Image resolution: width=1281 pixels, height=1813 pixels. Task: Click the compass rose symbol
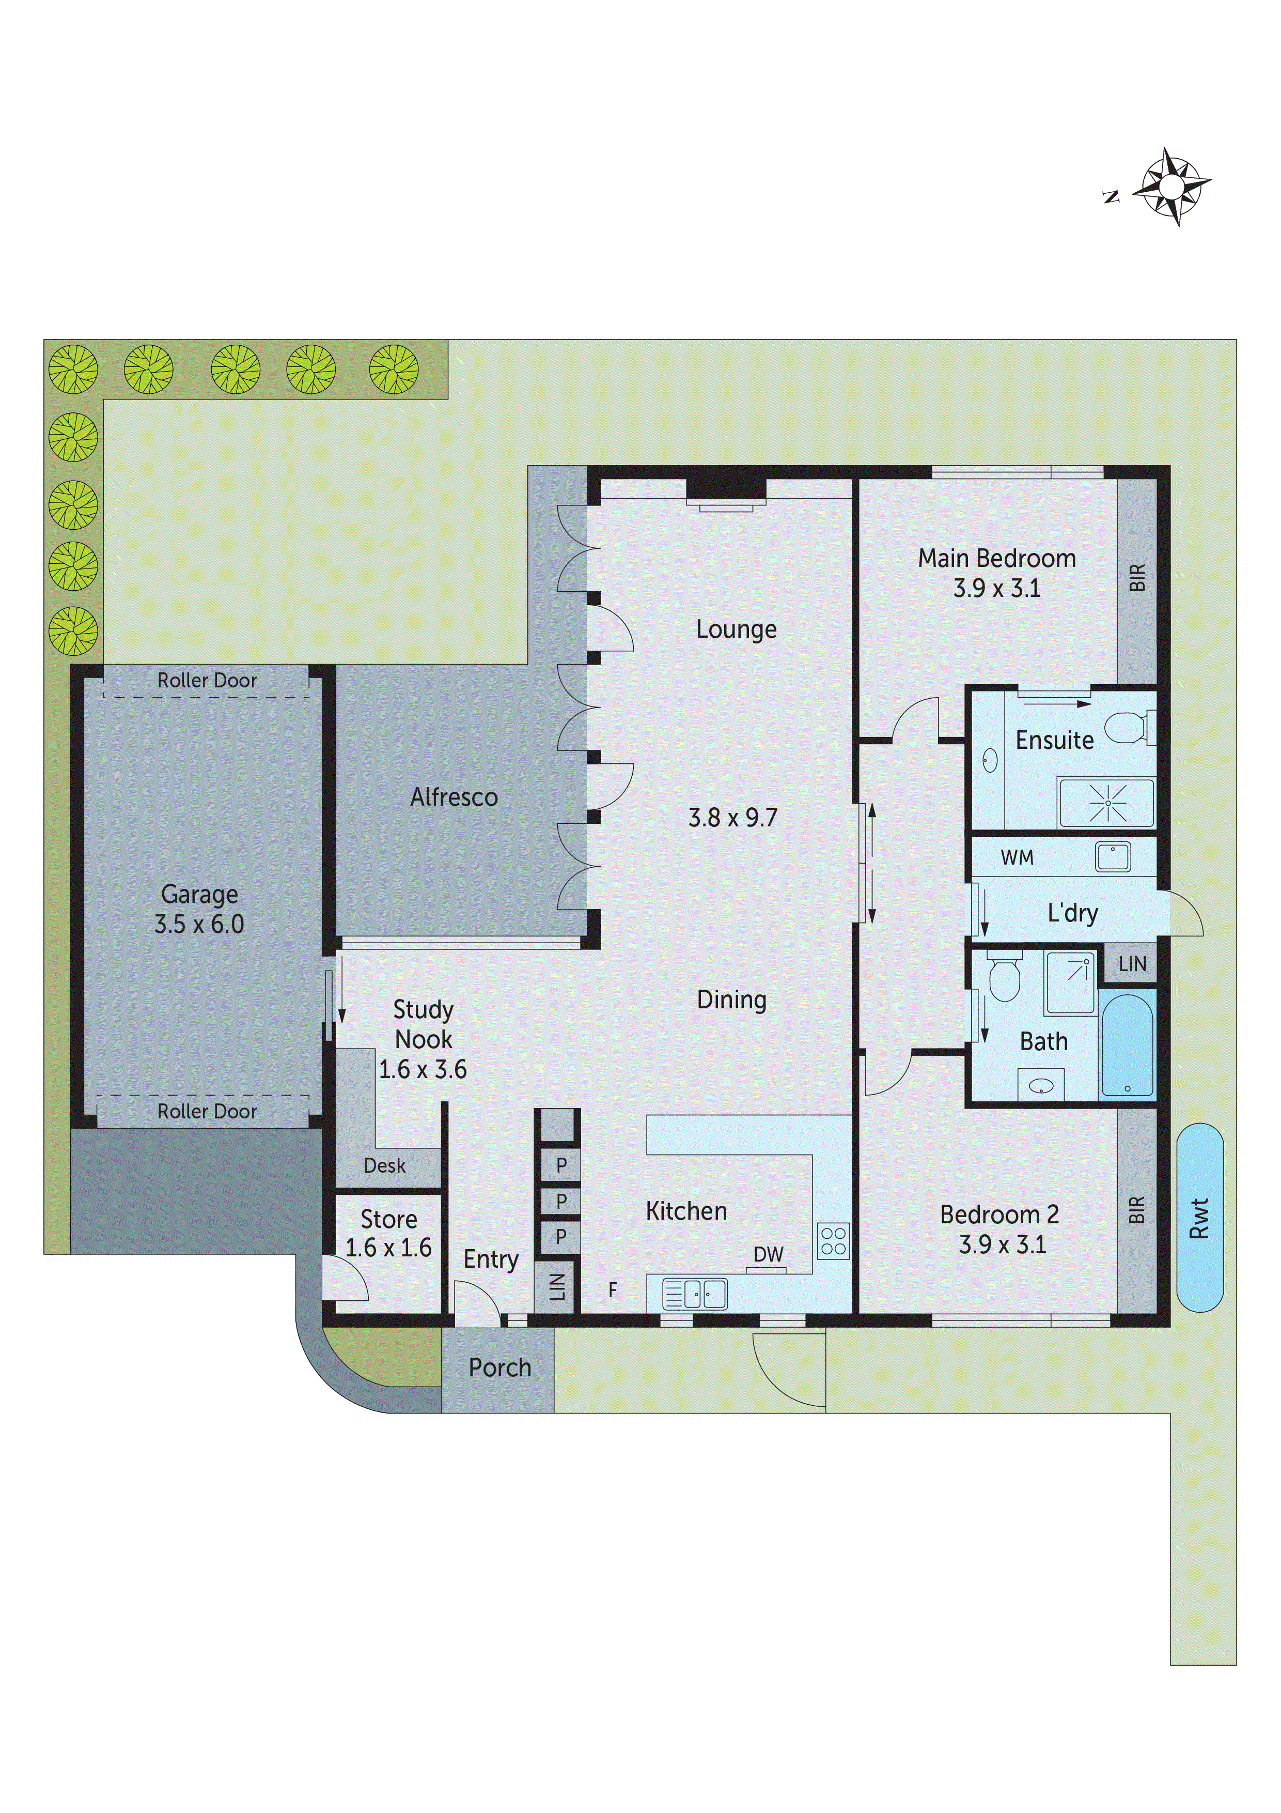(1171, 187)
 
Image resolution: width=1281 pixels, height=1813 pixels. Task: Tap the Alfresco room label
(454, 797)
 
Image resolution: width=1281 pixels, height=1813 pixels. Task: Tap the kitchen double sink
(695, 1294)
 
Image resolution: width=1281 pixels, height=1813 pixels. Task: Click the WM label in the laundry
(1017, 857)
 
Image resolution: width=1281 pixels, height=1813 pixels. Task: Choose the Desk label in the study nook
(384, 1165)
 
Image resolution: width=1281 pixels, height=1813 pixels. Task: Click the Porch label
(499, 1368)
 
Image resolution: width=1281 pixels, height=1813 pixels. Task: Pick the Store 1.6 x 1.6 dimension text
(388, 1248)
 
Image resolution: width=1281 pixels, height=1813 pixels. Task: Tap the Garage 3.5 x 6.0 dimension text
(199, 924)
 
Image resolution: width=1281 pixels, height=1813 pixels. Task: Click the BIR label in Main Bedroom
(1136, 577)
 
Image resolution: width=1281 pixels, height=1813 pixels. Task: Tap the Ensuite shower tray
(1106, 803)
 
